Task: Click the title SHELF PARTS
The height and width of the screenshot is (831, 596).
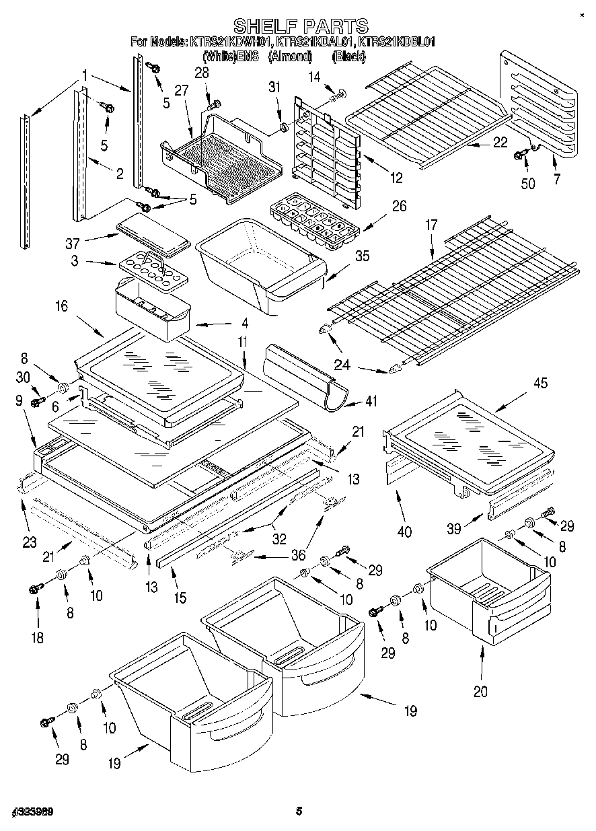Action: (x=300, y=26)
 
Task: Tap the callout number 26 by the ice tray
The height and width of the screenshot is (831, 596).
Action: (x=400, y=206)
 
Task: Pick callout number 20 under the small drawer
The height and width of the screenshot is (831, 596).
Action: (x=480, y=691)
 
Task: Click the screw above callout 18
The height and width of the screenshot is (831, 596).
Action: (x=35, y=589)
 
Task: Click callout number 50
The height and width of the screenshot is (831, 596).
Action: (x=529, y=183)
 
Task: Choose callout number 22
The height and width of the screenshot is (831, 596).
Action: (x=499, y=142)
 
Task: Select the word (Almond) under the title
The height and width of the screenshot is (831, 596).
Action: (x=290, y=57)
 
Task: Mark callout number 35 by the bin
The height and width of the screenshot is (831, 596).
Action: (x=363, y=256)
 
